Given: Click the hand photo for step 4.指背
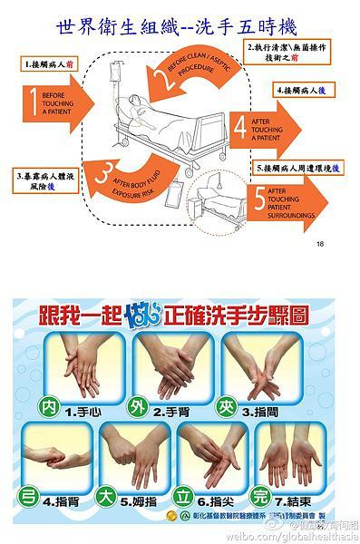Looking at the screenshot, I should pos(55,453).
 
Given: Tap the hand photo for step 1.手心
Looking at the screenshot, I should pos(77,367).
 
